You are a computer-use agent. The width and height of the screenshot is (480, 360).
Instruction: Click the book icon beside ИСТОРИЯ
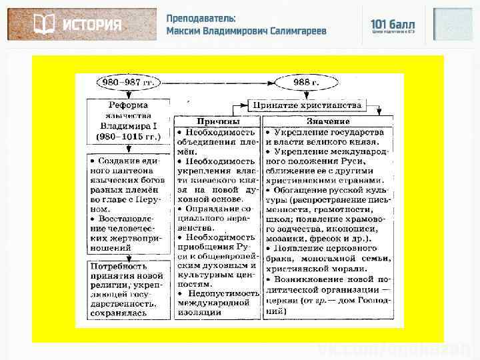(44, 25)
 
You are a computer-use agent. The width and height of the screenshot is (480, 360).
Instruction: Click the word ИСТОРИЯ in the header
(92, 25)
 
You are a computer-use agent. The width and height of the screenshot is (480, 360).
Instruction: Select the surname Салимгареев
(298, 31)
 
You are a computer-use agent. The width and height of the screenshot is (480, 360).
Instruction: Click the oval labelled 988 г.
(306, 82)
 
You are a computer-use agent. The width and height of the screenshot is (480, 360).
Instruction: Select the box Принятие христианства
(306, 105)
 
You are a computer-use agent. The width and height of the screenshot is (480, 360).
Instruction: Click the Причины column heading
(217, 122)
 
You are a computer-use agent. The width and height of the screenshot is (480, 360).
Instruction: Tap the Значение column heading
(328, 122)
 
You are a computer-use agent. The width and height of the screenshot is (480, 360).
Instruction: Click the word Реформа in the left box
(129, 105)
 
